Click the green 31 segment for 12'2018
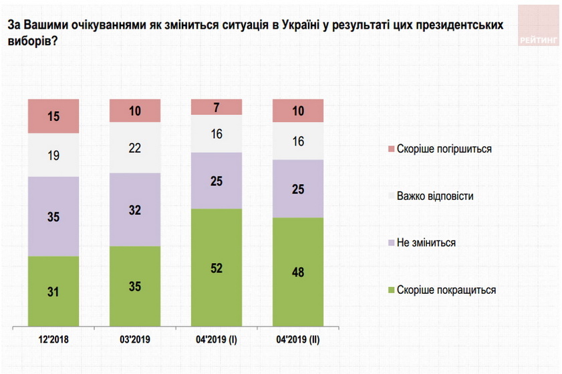53,292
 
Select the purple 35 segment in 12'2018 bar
53,216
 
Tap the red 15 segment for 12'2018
53,116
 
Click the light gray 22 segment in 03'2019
135,148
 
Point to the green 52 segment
217,268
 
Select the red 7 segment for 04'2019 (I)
217,107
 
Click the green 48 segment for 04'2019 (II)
298,272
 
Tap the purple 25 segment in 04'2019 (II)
298,189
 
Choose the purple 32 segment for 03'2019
135,210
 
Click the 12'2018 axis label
53,339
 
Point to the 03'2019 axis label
135,339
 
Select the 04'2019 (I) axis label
217,339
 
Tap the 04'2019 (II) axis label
298,339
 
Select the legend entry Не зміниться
426,243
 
